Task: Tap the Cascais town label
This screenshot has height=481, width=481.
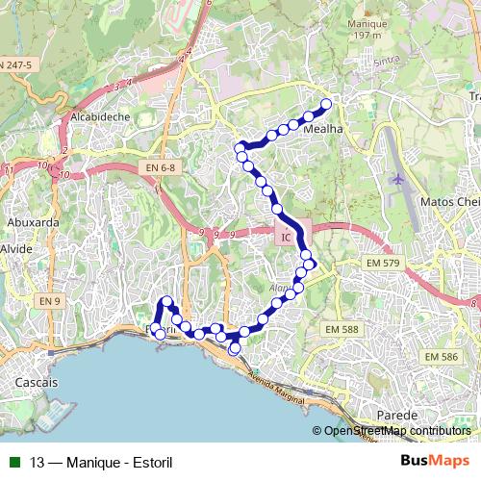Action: (38, 382)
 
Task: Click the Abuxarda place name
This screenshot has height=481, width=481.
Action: (33, 221)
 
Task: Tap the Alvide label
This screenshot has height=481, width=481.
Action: (16, 248)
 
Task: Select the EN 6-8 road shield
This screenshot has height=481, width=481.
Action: (161, 168)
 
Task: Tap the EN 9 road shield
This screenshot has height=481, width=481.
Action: (50, 302)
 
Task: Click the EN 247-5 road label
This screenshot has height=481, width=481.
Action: (15, 64)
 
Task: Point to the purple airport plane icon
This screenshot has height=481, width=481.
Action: (399, 179)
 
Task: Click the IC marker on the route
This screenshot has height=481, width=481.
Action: (287, 236)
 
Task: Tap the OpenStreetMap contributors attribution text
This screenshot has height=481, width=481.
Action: (396, 431)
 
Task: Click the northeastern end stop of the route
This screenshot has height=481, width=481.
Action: (326, 104)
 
